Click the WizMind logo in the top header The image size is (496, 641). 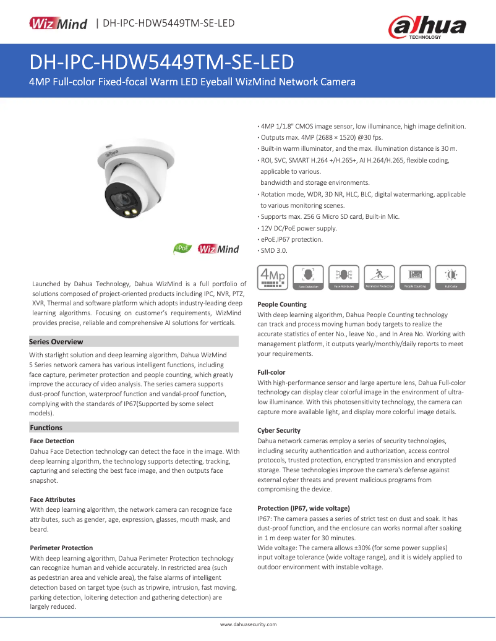coord(59,23)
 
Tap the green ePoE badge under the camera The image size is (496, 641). coord(181,249)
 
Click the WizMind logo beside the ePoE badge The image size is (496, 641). coord(218,249)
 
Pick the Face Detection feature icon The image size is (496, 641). coord(308,278)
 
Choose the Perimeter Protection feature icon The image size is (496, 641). coord(380,278)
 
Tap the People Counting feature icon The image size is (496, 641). coord(416,278)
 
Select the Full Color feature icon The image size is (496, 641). coord(451,278)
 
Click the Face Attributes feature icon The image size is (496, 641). coord(344,278)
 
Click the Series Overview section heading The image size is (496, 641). coord(56,342)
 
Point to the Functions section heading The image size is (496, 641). coord(46,427)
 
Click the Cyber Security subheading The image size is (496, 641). coord(279,430)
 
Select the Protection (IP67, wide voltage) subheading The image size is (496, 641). coord(303,508)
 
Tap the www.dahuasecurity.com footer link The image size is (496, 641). coord(248,625)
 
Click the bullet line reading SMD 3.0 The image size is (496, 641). coord(274,250)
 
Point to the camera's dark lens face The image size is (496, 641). coord(125,200)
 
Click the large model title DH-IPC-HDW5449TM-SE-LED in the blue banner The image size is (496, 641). coord(161,63)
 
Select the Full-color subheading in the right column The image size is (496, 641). coord(272,373)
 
